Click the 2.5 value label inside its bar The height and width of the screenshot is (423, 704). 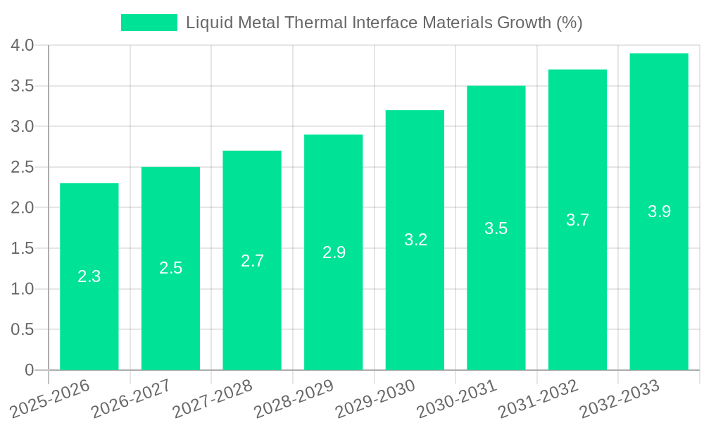[x=170, y=268]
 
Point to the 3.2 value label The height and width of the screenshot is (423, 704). [x=415, y=240]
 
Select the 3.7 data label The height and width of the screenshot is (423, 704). [x=577, y=220]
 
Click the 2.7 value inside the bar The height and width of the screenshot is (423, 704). [x=252, y=261]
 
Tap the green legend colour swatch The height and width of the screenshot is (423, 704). [x=149, y=23]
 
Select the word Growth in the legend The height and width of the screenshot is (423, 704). [x=524, y=23]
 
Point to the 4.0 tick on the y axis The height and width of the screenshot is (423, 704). [x=23, y=46]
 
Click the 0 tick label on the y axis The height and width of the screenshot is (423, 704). [x=29, y=370]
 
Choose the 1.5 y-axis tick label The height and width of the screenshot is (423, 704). [x=23, y=248]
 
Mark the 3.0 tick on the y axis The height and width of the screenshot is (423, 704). [x=23, y=127]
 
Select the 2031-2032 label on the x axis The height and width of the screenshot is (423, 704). [x=538, y=398]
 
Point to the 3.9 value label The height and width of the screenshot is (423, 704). [x=659, y=211]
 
